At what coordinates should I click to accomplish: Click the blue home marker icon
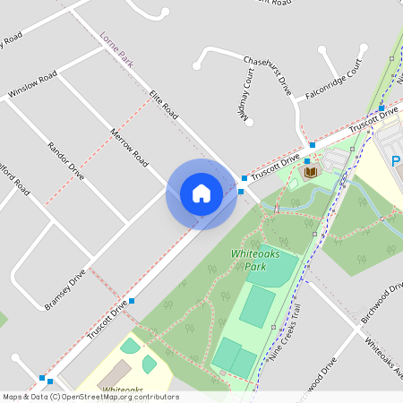[x=201, y=193]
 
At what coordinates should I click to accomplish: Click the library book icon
[x=311, y=171]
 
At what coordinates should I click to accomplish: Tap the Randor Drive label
[x=65, y=160]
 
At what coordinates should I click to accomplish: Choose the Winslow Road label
[x=32, y=84]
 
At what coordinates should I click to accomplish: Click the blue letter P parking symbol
[x=397, y=161]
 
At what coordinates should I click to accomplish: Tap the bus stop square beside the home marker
[x=244, y=178]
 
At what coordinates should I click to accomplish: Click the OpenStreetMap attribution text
[x=90, y=397]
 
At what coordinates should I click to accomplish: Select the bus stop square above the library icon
[x=312, y=145]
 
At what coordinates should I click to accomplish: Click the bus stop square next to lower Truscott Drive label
[x=132, y=301]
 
